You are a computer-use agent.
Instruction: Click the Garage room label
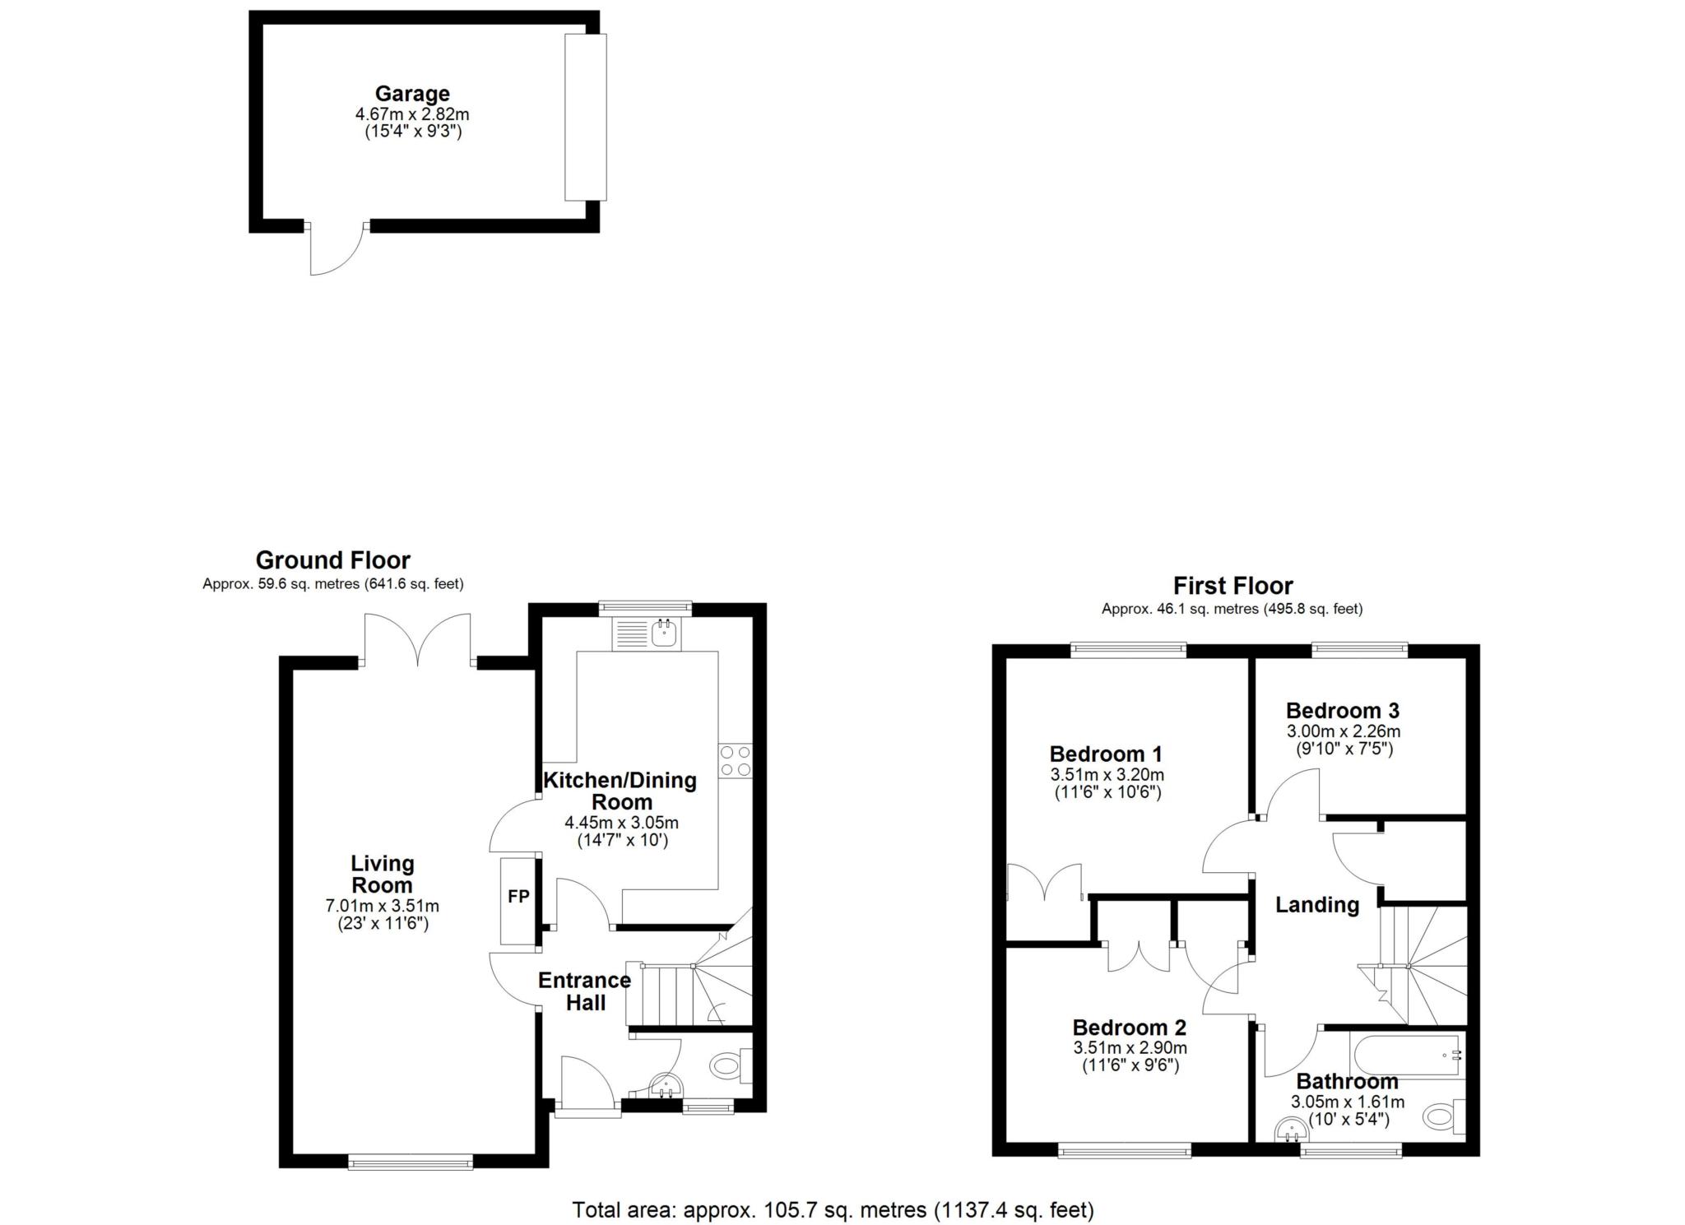click(x=412, y=94)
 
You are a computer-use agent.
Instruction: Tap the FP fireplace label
click(x=518, y=897)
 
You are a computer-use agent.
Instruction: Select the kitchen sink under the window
click(x=646, y=633)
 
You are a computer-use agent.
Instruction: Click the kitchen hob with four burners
click(x=735, y=760)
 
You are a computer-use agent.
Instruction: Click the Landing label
click(x=1317, y=905)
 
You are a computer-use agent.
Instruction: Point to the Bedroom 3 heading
click(x=1343, y=710)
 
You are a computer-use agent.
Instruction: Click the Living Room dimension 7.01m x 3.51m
click(x=383, y=907)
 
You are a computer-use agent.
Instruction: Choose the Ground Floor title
click(x=333, y=560)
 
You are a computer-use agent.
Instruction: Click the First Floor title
click(x=1232, y=586)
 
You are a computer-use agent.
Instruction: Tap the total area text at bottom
click(x=833, y=1210)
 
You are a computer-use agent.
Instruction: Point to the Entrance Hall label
click(x=584, y=991)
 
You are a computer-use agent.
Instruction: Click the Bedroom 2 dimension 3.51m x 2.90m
click(x=1130, y=1048)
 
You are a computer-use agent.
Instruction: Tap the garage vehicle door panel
click(x=585, y=117)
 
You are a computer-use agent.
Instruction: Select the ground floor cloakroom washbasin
click(x=666, y=1085)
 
